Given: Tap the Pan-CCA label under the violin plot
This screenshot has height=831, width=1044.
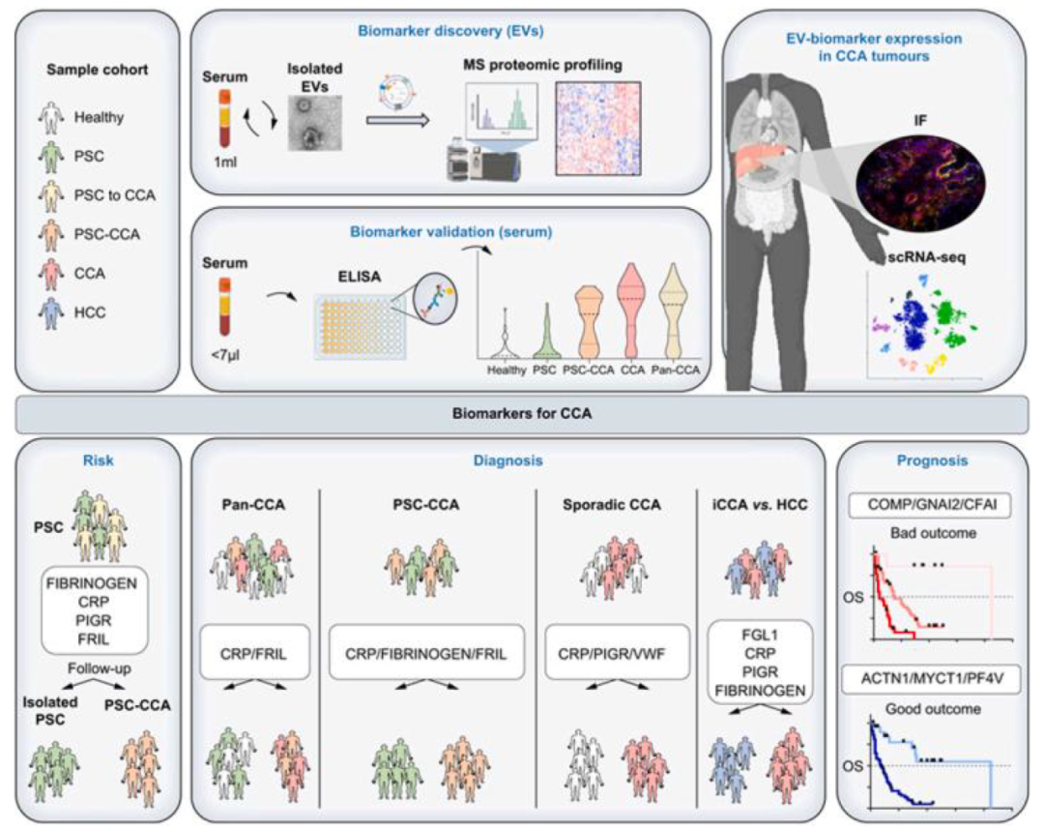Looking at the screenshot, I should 677,369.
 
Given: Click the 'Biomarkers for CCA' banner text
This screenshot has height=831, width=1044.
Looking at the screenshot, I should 521,413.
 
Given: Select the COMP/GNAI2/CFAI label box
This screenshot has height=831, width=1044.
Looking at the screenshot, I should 931,504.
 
